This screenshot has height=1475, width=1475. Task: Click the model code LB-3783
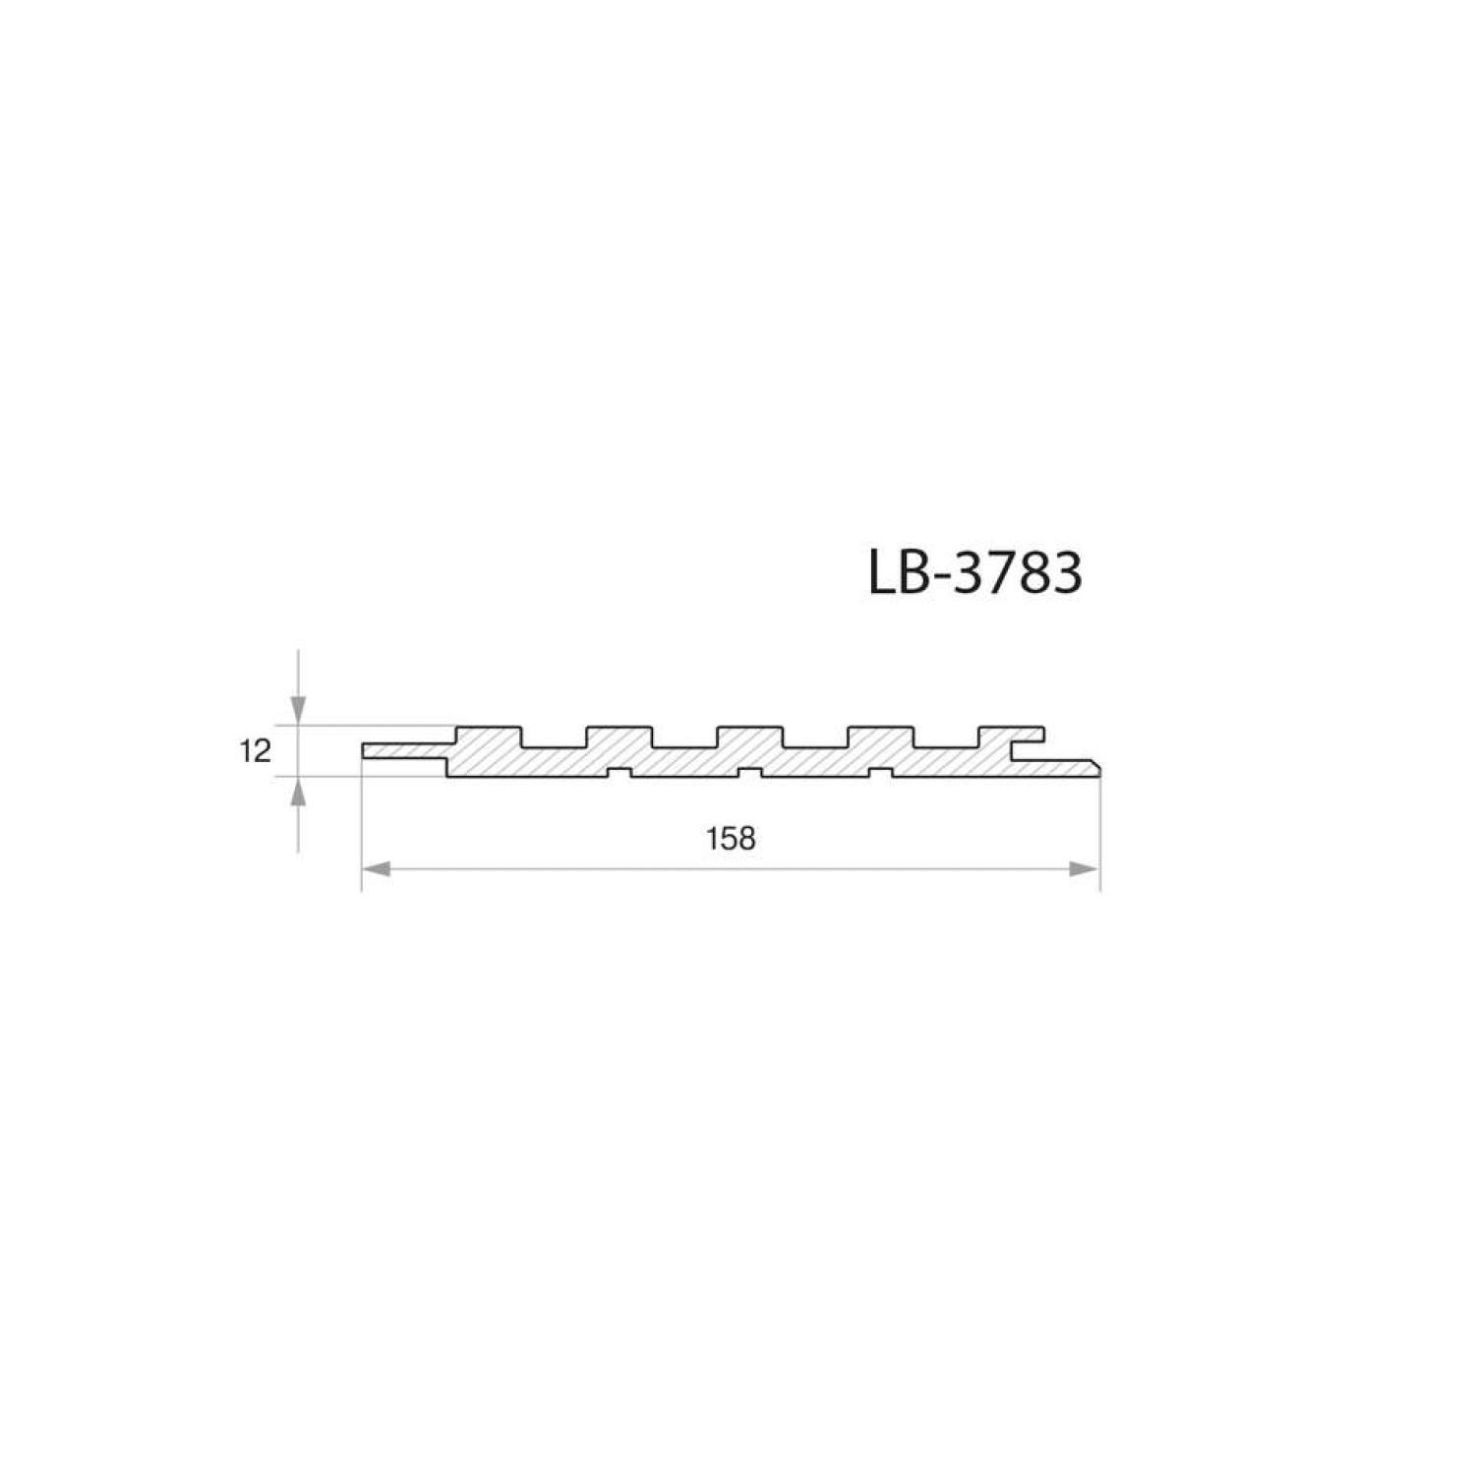point(975,573)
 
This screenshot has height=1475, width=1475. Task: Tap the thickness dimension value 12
point(254,752)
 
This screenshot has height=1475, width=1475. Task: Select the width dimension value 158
point(731,838)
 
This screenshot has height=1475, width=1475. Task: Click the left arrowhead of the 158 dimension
point(378,868)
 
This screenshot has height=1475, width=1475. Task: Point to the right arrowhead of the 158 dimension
point(1084,868)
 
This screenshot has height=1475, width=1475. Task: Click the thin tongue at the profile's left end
point(404,750)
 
